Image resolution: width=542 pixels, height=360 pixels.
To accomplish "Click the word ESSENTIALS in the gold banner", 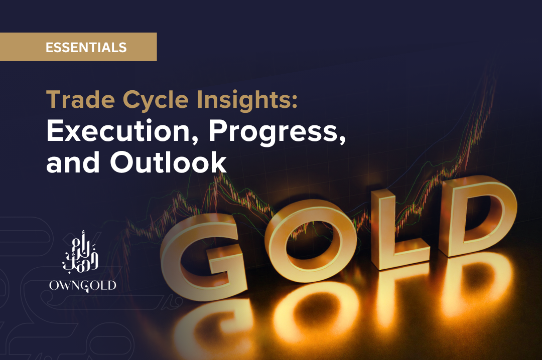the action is [x=86, y=47].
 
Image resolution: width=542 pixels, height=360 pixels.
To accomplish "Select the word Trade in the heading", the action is [x=80, y=99].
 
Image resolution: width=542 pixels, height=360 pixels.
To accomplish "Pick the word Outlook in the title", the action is [x=168, y=161].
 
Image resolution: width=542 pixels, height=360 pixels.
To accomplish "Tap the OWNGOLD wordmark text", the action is [x=83, y=286].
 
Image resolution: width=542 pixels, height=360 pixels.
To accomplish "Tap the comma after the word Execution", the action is [x=195, y=139].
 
